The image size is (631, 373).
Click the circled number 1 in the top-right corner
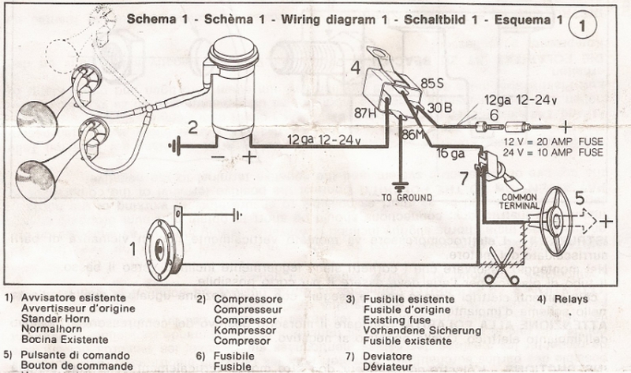coord(581,24)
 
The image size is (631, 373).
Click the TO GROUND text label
coord(402,197)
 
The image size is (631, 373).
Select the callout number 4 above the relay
coord(356,69)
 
